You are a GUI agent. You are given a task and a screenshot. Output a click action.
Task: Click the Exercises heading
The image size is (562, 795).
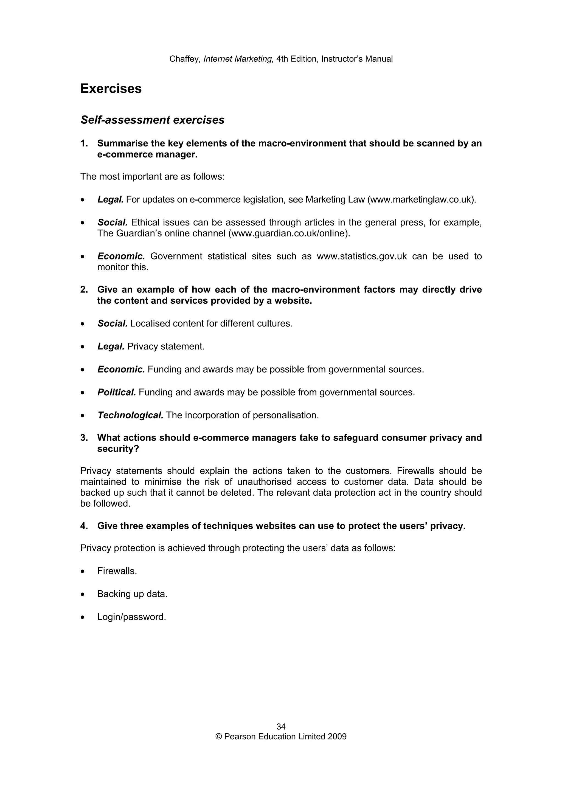(111, 89)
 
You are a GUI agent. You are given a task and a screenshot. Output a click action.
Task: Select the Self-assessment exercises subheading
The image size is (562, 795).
(152, 120)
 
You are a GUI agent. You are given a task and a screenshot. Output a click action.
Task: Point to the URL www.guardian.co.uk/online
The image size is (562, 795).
(288, 233)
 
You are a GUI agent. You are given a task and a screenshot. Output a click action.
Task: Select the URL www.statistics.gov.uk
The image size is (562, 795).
(361, 256)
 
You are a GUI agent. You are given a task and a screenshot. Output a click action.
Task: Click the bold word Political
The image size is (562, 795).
(117, 392)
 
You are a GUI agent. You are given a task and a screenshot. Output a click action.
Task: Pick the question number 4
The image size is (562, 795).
(84, 526)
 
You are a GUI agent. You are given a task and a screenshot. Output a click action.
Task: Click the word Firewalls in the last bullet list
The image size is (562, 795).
(117, 571)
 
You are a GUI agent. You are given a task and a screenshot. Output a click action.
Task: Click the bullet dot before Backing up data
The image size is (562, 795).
(82, 594)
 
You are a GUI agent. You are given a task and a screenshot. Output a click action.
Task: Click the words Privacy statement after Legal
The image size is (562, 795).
(166, 346)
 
